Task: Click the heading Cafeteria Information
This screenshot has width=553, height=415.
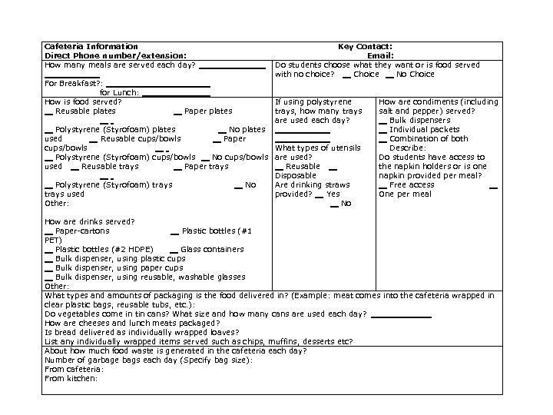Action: click(91, 47)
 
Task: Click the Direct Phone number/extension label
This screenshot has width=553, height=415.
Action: click(115, 55)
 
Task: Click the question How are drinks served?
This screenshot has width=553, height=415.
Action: click(90, 221)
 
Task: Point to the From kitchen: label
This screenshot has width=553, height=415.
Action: click(71, 378)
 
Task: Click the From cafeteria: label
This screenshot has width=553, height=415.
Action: click(75, 369)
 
